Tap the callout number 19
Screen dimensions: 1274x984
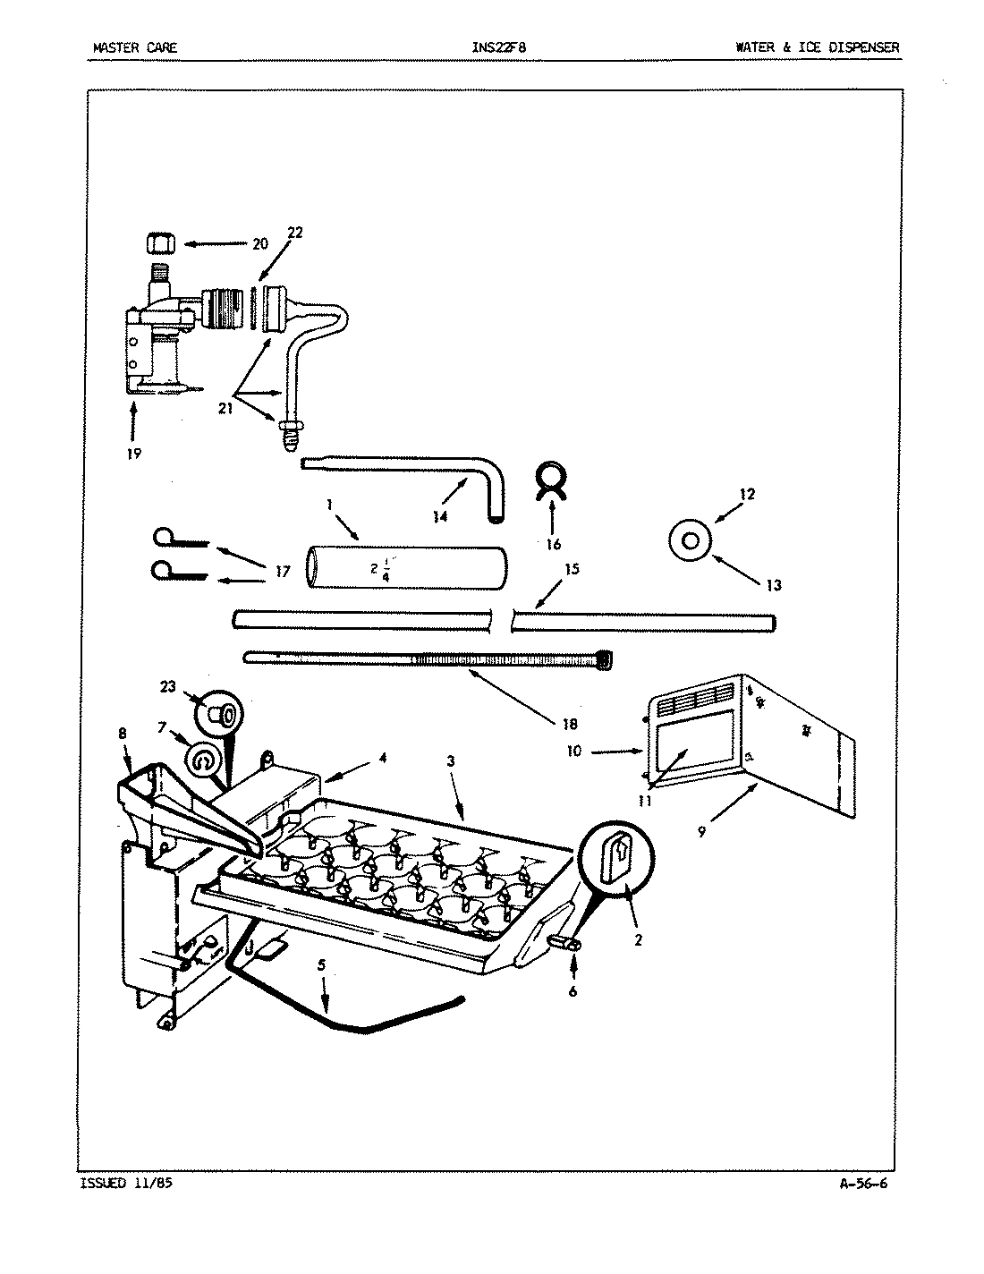pos(133,453)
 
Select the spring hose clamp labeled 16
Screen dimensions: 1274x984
pos(551,482)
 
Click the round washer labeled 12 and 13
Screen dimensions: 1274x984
pos(692,540)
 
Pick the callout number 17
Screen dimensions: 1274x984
pos(283,570)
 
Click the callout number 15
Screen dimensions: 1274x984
pos(572,569)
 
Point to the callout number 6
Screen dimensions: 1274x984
pos(572,990)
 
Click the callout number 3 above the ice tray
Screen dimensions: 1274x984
pos(451,760)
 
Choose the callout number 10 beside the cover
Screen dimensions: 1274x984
pos(573,751)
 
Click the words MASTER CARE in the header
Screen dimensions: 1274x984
pos(134,47)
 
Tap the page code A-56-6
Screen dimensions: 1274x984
pos(863,1183)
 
